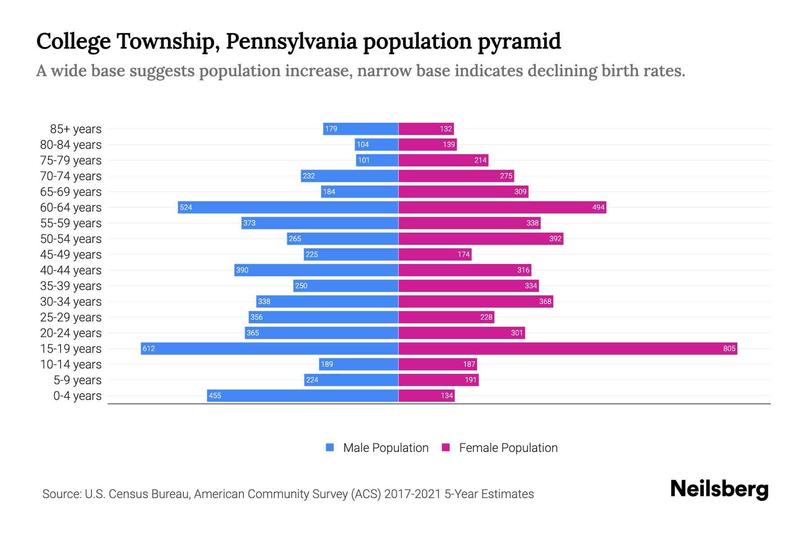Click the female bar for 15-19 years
[x=568, y=348]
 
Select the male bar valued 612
[x=269, y=348]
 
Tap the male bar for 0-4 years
[x=303, y=395]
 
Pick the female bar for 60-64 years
[x=502, y=207]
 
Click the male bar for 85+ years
[x=361, y=129]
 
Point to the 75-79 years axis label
[x=71, y=161]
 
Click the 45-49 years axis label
[x=71, y=255]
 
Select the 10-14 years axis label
[x=71, y=364]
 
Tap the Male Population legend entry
[x=386, y=447]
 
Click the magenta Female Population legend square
[x=446, y=447]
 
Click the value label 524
[x=186, y=207]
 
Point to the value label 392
[x=555, y=239]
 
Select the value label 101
[x=364, y=160]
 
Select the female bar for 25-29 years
[x=446, y=317]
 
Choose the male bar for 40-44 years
[x=316, y=270]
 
